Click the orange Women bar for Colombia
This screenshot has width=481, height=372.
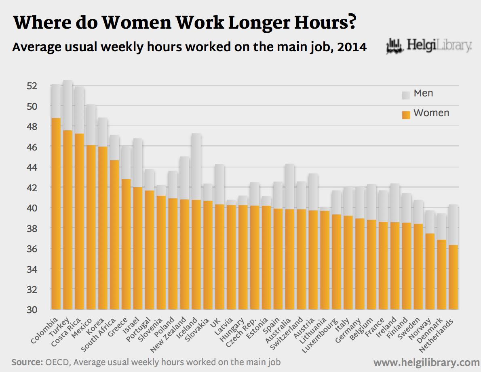pyautogui.click(x=56, y=214)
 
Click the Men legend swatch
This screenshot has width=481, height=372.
pyautogui.click(x=406, y=95)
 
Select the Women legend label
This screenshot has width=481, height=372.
pyautogui.click(x=431, y=113)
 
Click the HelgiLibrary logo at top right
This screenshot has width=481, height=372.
pyautogui.click(x=429, y=46)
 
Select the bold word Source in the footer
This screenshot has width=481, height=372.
pyautogui.click(x=26, y=362)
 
